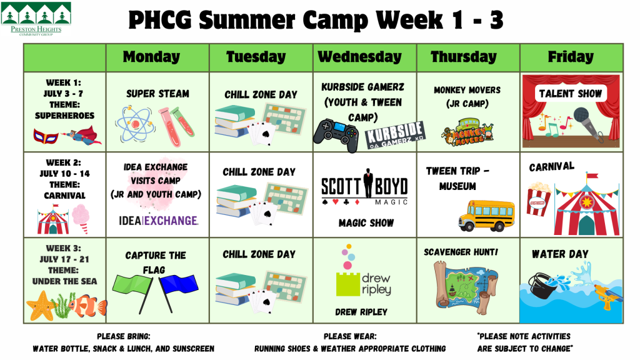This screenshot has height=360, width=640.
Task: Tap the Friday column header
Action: (x=571, y=57)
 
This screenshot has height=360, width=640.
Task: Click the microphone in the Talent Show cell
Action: (x=589, y=123)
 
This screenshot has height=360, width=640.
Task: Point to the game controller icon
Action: (x=336, y=135)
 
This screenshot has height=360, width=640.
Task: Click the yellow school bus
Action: (x=486, y=215)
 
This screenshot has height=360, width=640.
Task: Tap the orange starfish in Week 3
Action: (x=41, y=306)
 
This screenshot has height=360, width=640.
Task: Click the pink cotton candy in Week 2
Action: (x=81, y=218)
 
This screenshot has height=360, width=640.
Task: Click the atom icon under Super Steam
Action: (x=135, y=124)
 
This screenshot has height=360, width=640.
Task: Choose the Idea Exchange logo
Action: (x=158, y=221)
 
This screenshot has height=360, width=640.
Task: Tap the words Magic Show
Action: (x=366, y=223)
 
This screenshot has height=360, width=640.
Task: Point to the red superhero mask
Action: (x=45, y=136)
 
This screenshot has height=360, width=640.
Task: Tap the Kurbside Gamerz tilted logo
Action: (x=395, y=135)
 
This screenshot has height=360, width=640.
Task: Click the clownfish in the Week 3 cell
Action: (x=87, y=306)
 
